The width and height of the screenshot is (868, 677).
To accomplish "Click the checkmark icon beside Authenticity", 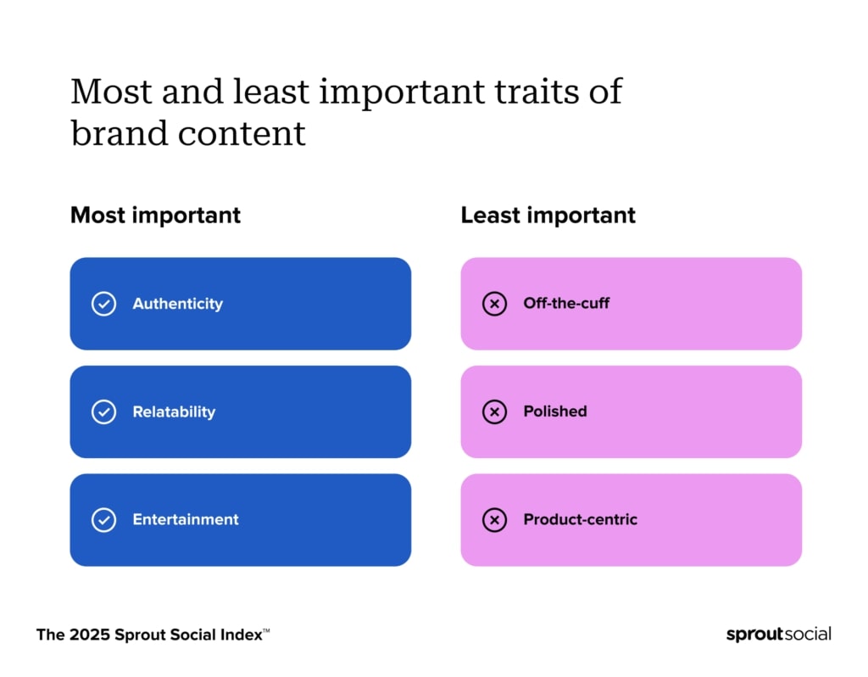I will pos(103,304).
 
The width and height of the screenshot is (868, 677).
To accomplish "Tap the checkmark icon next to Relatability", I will pos(103,412).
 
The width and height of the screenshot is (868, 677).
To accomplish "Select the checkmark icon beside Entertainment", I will pos(103,520).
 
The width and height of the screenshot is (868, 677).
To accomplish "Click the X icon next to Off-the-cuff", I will pos(494,304).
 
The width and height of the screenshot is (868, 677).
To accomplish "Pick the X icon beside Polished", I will pos(494,412).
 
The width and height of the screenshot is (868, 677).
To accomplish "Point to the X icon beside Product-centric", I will pos(494,520).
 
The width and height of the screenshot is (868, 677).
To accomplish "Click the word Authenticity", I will pos(177,304).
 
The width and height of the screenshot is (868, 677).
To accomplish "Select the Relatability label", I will pos(174,412).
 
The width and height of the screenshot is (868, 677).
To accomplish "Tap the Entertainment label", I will pos(186,520).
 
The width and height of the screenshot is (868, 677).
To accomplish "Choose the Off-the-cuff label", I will pos(566,304).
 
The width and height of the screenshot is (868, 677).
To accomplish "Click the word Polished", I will pos(555,411).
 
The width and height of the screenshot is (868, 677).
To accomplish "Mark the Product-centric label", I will pos(580,520).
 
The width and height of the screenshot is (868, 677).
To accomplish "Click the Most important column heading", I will pos(155,215).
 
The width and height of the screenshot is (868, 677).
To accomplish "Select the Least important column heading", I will pos(548,215).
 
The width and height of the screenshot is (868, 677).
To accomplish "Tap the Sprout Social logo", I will pos(778,635).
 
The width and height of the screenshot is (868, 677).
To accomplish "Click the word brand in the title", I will pos(119,134).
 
